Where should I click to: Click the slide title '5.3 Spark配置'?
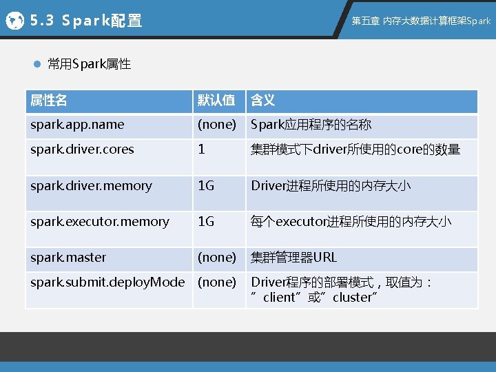86,21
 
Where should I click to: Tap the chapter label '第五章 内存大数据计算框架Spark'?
421,21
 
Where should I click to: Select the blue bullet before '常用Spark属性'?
39,65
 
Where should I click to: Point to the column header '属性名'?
49,101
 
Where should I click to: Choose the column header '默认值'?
216,101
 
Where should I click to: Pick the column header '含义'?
262,101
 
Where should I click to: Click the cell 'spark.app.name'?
77,125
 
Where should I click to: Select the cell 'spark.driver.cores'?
82,149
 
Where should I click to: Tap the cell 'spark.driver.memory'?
91,185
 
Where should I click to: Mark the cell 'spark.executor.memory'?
99,221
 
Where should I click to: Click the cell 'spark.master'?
68,257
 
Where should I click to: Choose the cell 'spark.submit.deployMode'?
107,282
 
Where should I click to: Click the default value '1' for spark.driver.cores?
201,149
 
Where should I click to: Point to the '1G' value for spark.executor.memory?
206,221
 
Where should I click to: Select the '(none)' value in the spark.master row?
216,257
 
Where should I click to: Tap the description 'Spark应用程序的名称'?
311,125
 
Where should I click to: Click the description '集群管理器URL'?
294,257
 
